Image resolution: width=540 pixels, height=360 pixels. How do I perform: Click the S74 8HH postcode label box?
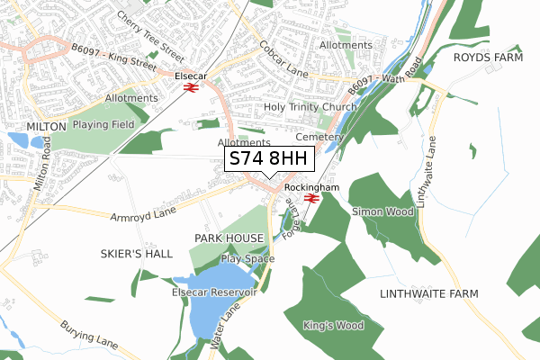pyautogui.click(x=269, y=158)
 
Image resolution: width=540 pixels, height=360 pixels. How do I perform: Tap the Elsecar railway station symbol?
pyautogui.click(x=191, y=88)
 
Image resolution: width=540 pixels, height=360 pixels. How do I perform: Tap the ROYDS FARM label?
pyautogui.click(x=488, y=57)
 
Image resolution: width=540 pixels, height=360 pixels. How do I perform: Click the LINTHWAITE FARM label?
pyautogui.click(x=428, y=294)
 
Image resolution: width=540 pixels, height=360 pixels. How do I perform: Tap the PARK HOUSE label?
pyautogui.click(x=229, y=238)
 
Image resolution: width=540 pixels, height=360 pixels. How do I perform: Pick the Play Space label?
pyautogui.click(x=247, y=259)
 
